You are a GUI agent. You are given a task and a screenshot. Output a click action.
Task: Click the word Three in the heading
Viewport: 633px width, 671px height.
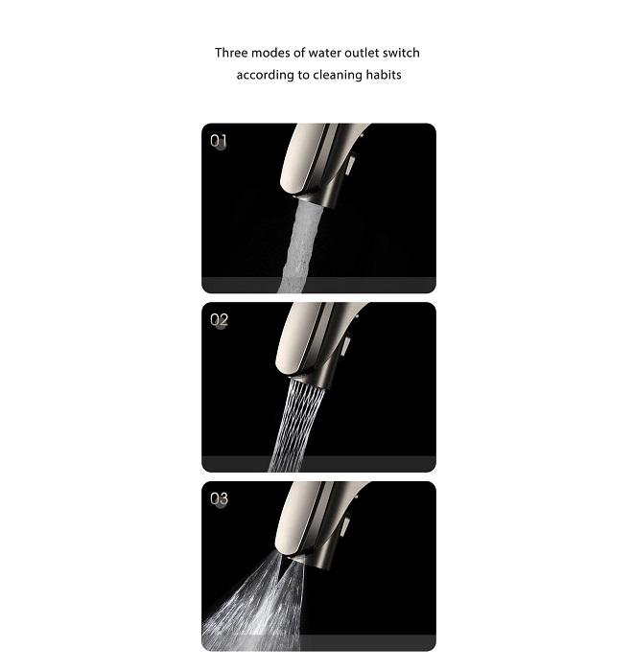[231, 53]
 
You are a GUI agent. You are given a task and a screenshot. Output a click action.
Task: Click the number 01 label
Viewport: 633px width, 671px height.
[219, 141]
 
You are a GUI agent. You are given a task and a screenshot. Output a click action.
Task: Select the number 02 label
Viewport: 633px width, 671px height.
[219, 319]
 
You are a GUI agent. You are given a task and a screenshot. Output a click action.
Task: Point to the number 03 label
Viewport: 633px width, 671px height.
[219, 498]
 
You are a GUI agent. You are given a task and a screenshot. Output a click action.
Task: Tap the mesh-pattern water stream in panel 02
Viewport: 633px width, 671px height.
[295, 426]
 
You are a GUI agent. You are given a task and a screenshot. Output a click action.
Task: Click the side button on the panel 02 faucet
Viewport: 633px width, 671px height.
[346, 345]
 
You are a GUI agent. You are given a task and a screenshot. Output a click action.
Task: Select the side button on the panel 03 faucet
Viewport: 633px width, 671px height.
[345, 524]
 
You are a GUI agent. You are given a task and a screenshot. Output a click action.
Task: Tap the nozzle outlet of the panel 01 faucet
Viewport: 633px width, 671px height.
[311, 199]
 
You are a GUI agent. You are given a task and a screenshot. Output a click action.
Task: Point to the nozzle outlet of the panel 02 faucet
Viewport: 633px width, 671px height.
[309, 381]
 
